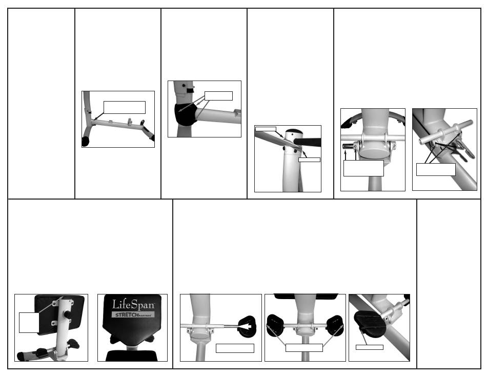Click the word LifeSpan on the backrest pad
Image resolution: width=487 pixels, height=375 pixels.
[x=133, y=305]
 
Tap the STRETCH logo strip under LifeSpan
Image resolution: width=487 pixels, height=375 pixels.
[x=133, y=314]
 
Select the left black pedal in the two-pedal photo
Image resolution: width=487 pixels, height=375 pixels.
[x=275, y=326]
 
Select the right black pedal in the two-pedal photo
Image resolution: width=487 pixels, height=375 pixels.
[x=335, y=325]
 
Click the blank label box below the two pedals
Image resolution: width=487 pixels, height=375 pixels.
[x=304, y=348]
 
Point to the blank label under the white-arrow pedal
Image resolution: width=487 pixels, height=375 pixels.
[x=235, y=348]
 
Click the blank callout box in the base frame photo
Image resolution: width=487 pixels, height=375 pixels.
[x=124, y=107]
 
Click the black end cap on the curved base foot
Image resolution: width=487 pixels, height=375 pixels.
[x=86, y=142]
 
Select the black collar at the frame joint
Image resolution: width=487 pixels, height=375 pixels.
[x=186, y=114]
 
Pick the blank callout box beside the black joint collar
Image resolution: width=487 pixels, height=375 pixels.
[x=218, y=96]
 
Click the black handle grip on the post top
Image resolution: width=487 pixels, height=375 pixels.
[x=308, y=142]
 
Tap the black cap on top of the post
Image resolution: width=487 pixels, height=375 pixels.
[x=294, y=131]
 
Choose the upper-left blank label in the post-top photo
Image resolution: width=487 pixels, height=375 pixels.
[x=266, y=129]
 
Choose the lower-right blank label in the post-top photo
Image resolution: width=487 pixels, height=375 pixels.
[x=309, y=160]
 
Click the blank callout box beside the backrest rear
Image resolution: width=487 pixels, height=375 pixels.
[x=29, y=323]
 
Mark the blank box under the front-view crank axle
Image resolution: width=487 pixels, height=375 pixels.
[x=363, y=168]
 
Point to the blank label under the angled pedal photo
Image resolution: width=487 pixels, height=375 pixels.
[x=369, y=347]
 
